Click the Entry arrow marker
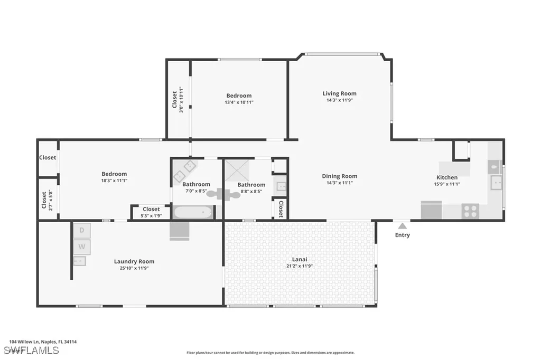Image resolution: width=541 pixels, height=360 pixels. (402, 225)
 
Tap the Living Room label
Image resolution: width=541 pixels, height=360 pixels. (339, 93)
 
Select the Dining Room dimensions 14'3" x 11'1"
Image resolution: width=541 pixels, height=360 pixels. (339, 183)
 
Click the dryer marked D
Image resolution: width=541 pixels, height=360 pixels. (81, 230)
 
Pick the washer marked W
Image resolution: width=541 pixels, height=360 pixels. (81, 247)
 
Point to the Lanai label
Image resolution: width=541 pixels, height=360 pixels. (300, 259)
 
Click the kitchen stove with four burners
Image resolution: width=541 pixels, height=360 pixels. (470, 211)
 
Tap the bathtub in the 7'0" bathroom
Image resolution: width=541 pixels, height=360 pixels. (193, 213)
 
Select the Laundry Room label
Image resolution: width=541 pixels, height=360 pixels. (134, 261)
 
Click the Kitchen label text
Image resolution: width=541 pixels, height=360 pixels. (446, 177)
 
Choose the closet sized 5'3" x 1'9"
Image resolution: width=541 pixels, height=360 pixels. (151, 212)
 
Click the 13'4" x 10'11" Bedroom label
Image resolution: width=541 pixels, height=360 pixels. (239, 96)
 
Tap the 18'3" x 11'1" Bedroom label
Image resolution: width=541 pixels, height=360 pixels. (114, 174)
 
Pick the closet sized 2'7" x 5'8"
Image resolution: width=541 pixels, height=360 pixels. (47, 199)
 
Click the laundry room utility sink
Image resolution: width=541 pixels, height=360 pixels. (81, 260)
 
